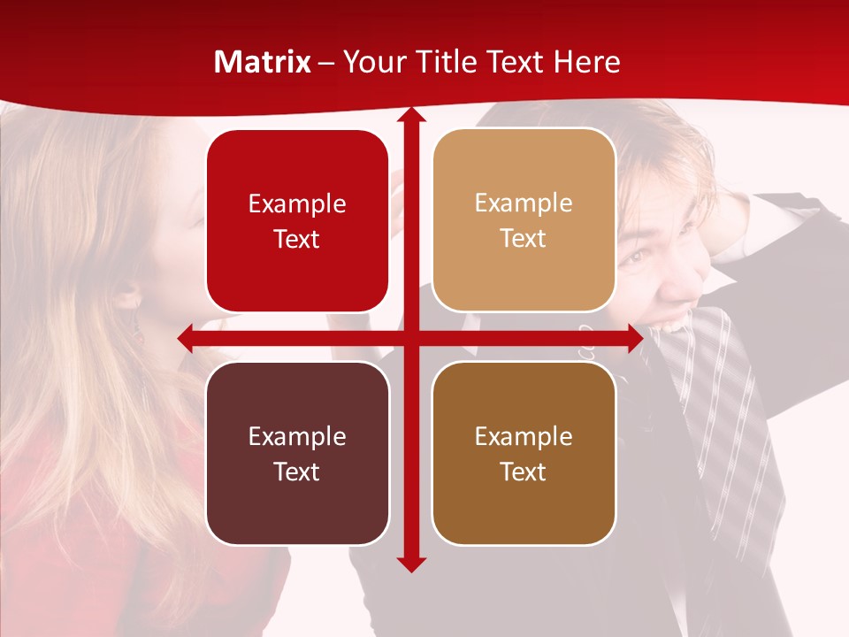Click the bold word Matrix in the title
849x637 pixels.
[262, 62]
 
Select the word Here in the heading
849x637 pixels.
[587, 62]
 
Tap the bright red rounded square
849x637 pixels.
[297, 221]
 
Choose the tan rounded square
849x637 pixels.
[524, 220]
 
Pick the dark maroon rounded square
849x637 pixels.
[297, 453]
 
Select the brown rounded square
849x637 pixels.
[524, 453]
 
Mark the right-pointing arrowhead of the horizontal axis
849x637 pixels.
[634, 338]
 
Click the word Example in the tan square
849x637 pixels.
[524, 203]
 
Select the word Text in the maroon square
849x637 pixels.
[297, 472]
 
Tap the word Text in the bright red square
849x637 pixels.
[297, 240]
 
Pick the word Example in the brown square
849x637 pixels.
[524, 436]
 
